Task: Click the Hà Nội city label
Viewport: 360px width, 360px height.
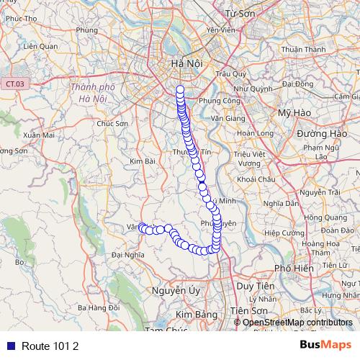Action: [186, 65]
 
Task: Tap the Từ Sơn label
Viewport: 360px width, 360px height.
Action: [241, 14]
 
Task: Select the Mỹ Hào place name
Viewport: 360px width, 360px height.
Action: [293, 114]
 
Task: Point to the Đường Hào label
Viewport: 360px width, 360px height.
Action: [323, 134]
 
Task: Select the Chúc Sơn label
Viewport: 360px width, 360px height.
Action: [112, 123]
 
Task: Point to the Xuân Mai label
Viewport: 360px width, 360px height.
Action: [39, 135]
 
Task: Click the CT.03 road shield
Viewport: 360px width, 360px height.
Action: [14, 84]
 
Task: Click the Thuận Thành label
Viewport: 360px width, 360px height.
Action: [300, 50]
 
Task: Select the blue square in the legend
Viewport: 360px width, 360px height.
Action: [9, 346]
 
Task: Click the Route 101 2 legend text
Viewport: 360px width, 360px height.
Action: [50, 346]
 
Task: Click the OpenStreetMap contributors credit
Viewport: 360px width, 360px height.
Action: [297, 323]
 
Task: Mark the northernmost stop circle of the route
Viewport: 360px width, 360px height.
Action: [180, 89]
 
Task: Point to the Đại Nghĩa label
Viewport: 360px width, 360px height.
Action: [128, 254]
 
